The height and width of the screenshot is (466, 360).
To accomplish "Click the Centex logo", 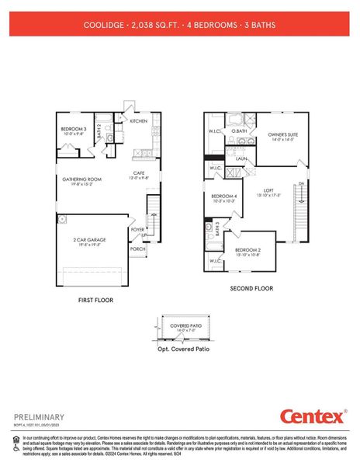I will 312,417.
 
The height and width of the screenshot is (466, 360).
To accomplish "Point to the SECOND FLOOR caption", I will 251,288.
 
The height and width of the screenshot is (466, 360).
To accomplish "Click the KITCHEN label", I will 139,121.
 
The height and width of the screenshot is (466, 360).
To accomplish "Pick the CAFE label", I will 139,173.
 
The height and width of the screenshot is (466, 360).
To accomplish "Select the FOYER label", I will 137,230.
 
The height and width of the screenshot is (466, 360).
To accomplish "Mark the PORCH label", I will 137,249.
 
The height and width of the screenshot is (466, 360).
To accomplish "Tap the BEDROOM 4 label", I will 224,196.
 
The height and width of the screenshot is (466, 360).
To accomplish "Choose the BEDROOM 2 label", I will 247,250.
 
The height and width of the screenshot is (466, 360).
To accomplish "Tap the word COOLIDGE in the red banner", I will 103,25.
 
